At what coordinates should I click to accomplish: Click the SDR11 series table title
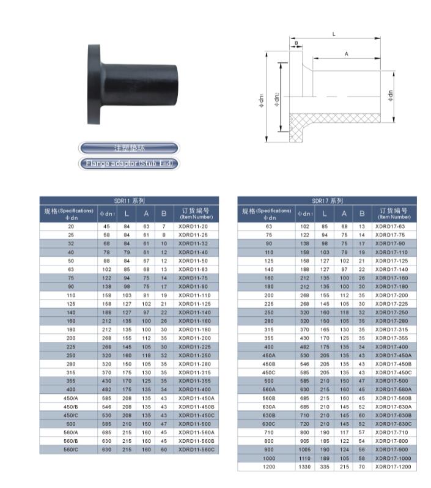pos(129,201)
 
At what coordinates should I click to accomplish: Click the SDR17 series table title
pos(327,201)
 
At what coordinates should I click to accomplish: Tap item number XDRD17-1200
pos(393,467)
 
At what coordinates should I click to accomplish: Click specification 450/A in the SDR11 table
pos(71,397)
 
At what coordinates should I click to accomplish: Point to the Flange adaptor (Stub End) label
pos(129,164)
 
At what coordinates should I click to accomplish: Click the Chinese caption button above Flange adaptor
pos(129,148)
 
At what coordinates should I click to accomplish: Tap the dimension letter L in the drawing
pos(334,34)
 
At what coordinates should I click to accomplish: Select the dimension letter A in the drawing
pos(346,54)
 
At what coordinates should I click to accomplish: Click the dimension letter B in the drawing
pos(296,43)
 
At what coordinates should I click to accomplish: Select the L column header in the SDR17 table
pos(324,213)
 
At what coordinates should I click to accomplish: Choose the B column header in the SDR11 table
pos(163,213)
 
